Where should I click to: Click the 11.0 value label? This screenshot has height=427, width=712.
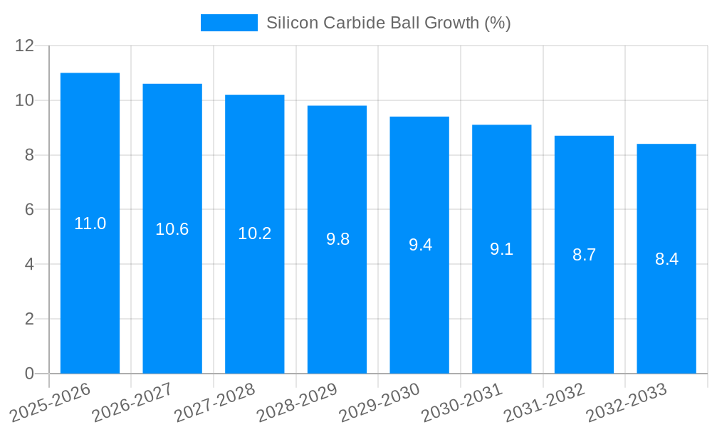90,223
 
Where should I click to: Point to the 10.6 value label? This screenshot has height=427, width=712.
172,229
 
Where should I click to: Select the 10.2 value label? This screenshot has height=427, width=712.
254,233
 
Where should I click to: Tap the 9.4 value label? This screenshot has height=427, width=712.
420,245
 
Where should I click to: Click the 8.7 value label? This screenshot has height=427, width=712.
584,255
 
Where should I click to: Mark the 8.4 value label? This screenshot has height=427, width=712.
666,259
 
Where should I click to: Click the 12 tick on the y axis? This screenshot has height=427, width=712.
25,46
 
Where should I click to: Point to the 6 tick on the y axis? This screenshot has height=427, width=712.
29,210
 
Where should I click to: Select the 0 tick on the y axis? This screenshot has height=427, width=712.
29,374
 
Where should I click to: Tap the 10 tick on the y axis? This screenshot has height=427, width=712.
25,100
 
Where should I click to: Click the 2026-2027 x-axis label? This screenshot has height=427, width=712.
132,402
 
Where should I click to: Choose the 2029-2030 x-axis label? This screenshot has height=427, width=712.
379,402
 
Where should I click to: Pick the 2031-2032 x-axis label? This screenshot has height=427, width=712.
544,402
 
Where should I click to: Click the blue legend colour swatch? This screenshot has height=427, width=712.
229,23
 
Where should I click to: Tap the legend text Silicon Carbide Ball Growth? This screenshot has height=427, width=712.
388,23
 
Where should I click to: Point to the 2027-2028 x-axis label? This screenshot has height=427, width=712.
214,402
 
